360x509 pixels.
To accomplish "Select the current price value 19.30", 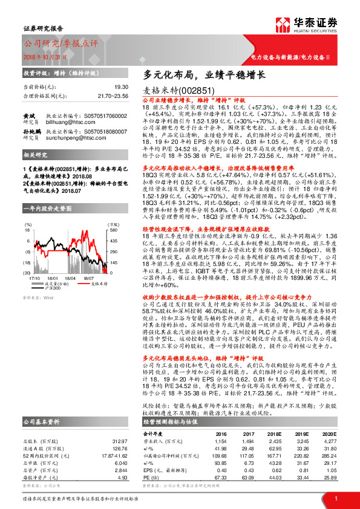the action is (122, 87).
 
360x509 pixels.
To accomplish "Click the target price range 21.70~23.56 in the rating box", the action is (113, 96).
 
